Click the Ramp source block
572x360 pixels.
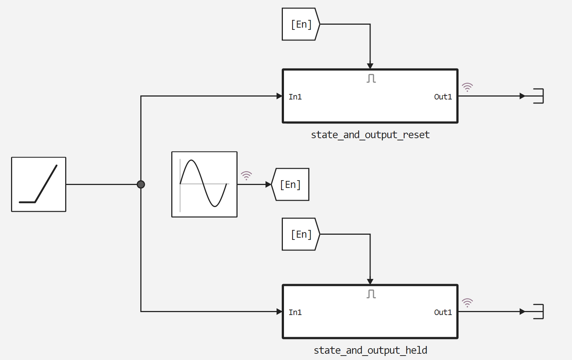point(39,184)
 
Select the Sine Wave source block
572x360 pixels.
point(204,184)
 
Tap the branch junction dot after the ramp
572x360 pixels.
point(141,184)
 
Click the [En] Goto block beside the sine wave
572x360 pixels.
point(291,184)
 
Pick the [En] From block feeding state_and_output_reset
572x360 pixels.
point(301,24)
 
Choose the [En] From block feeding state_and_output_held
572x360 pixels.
point(301,234)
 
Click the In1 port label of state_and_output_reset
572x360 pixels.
point(295,97)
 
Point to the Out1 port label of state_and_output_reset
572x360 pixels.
point(443,97)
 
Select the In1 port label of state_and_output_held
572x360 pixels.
point(295,312)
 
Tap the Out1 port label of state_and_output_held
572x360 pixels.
point(443,312)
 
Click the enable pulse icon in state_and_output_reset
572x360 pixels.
point(371,78)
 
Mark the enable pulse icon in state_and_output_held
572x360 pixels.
point(371,294)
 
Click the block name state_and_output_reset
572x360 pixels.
point(370,135)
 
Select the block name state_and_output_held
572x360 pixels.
point(370,350)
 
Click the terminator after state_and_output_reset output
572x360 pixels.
point(538,96)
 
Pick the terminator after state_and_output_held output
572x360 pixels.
point(538,312)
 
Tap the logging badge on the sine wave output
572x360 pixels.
point(246,175)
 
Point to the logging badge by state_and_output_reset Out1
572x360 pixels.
point(467,87)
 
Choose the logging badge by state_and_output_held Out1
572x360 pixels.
point(467,303)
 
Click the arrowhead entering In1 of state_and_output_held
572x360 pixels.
point(280,312)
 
